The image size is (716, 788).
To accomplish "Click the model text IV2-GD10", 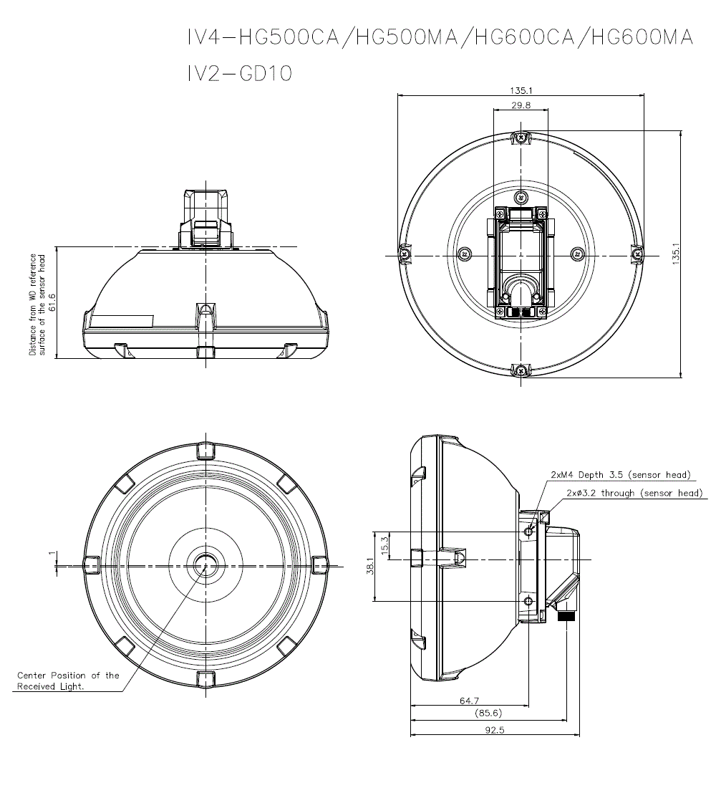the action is click(x=239, y=74).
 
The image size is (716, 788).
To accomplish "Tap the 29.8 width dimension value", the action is click(x=521, y=105).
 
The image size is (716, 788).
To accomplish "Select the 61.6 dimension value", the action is click(x=52, y=302).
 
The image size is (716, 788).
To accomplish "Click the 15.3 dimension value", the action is click(x=385, y=546).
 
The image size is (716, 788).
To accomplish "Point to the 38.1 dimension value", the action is click(x=370, y=566).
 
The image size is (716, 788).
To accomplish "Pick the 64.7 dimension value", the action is click(x=469, y=700).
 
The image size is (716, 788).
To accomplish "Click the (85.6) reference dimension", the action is click(x=488, y=713).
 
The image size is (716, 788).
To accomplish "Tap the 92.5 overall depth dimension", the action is click(x=495, y=730).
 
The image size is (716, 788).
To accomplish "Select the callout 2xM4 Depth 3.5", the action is click(x=621, y=474).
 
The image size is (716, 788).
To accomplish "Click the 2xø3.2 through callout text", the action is click(x=634, y=493).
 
